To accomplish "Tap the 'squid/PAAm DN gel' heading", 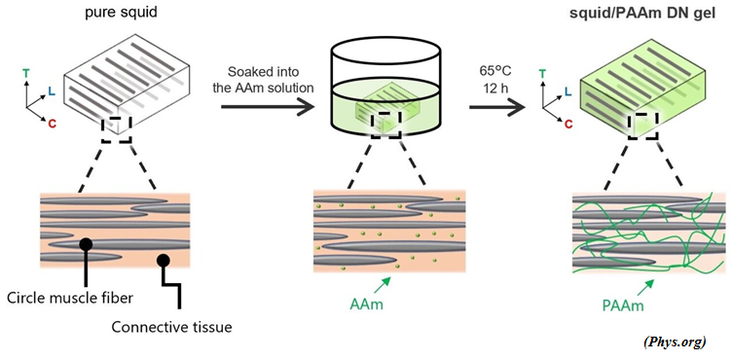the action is click(643, 13).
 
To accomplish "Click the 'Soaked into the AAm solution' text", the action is click(270, 80).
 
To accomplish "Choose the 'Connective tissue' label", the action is click(171, 327).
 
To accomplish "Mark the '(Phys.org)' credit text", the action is click(675, 342).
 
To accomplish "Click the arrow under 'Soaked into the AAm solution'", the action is click(267, 107).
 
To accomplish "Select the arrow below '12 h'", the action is click(497, 107).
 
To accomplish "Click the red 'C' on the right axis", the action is click(567, 124).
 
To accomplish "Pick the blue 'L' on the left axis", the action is click(52, 91).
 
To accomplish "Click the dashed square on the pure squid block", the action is click(116, 129).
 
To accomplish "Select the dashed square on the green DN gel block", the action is click(642, 126).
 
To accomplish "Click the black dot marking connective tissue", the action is click(163, 260).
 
